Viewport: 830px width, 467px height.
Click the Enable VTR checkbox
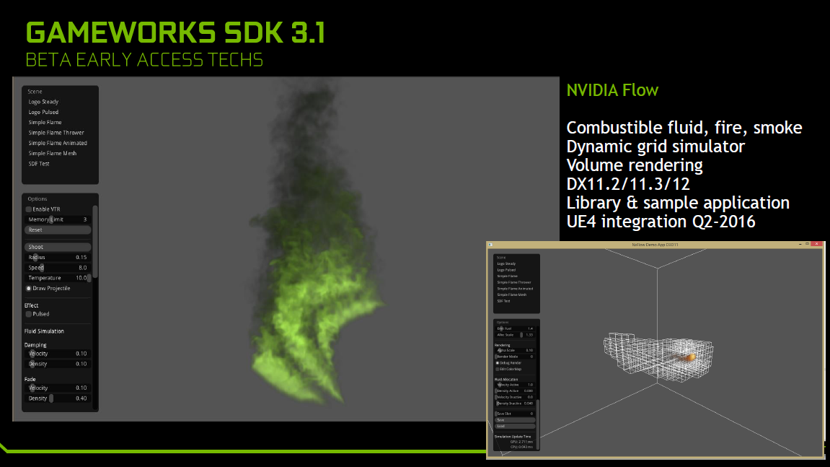coord(29,209)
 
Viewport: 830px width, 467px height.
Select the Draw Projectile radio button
coord(29,288)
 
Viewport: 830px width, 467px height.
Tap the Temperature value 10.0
coord(81,278)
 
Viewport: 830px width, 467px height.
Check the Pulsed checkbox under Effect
coord(29,314)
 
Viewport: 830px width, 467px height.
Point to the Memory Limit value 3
coord(84,219)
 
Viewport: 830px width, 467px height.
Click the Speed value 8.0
coord(82,268)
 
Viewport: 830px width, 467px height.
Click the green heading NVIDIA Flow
coord(612,91)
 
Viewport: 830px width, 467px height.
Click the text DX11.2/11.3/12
coord(627,184)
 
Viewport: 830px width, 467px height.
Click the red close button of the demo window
coord(816,245)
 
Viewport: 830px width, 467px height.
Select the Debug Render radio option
coord(497,362)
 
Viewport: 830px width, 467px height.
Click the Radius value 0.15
coord(81,258)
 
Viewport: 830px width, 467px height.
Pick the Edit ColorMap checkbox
coord(497,369)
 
